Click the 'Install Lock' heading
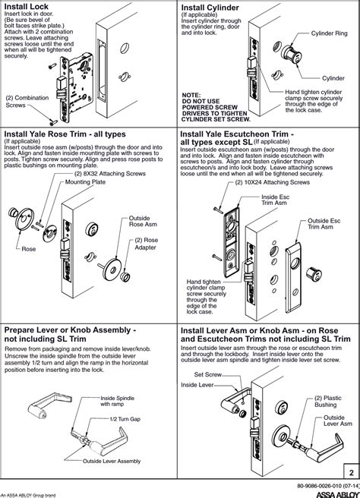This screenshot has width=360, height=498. tap(27, 6)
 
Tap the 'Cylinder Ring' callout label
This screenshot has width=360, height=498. tap(329, 33)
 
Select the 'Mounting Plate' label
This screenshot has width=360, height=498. tap(85, 182)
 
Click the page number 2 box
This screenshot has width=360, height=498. tap(352, 472)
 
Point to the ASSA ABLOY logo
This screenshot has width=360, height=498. tap(338, 494)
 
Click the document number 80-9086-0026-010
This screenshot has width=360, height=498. tap(328, 486)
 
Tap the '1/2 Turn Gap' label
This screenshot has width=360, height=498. tap(125, 419)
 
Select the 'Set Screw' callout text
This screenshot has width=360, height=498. tap(208, 375)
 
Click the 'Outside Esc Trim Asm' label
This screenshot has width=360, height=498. tap(324, 224)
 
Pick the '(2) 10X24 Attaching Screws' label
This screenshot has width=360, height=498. tap(273, 182)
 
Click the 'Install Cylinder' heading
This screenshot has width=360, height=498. tap(210, 8)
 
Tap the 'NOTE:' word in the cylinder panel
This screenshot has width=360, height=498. tap(191, 96)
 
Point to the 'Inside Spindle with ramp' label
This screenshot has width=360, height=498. tap(117, 401)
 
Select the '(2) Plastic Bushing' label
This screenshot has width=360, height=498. tap(327, 402)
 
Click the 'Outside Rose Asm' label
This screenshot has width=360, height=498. tap(143, 221)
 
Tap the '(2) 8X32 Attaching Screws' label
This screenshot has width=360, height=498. tap(109, 174)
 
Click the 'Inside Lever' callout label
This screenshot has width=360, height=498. tap(197, 385)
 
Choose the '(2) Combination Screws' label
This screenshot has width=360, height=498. tap(27, 101)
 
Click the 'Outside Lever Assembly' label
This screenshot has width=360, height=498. tap(112, 461)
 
